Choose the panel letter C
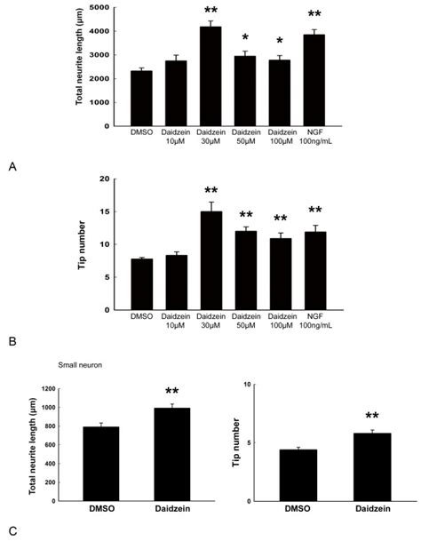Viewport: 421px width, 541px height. [10, 530]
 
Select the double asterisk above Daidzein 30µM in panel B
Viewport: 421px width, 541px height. [210, 191]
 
